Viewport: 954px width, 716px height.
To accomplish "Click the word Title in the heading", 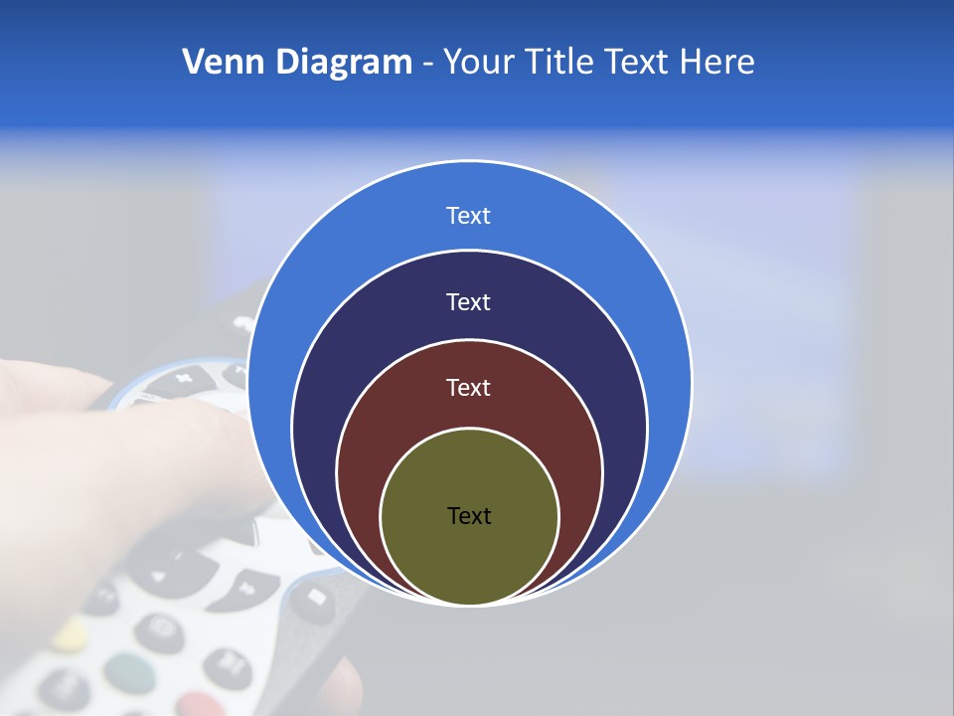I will click(x=567, y=63).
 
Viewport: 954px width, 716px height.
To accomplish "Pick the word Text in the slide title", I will click(x=639, y=63).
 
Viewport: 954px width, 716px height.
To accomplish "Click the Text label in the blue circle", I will click(x=468, y=216).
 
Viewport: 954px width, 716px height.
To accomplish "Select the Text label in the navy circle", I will click(x=468, y=302).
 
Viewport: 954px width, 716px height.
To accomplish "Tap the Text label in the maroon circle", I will click(x=468, y=388).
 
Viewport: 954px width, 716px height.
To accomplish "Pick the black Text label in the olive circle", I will click(x=469, y=516).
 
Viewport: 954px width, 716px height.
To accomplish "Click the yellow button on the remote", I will click(x=70, y=632).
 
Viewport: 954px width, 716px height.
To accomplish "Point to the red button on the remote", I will click(x=204, y=704).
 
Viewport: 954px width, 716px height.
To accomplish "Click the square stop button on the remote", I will click(x=315, y=597).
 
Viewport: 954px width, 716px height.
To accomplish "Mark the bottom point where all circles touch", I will click(x=469, y=604).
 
